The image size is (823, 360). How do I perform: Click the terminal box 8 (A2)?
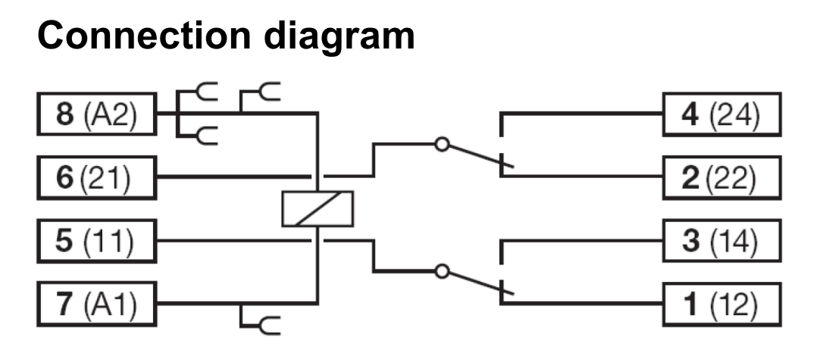(x=96, y=117)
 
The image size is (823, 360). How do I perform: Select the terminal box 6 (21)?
(x=96, y=177)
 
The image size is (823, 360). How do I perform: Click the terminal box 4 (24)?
(x=721, y=115)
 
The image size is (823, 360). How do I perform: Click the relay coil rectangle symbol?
(x=318, y=208)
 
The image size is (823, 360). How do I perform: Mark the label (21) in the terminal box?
(x=106, y=177)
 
